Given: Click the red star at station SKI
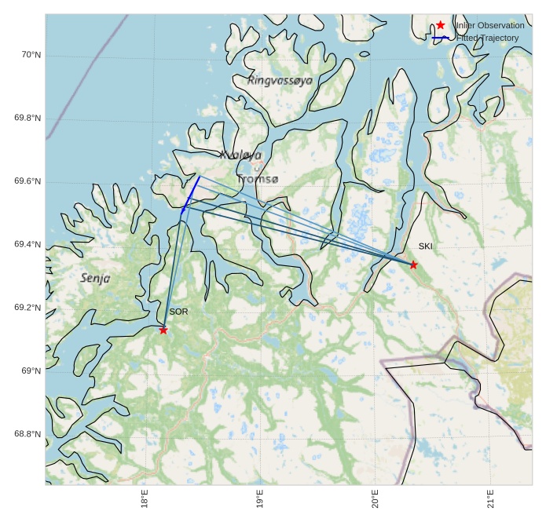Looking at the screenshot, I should click(x=413, y=265).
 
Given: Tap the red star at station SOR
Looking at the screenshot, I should click(x=163, y=330).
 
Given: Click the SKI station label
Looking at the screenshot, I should click(x=425, y=246).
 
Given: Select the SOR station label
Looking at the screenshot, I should click(x=178, y=312).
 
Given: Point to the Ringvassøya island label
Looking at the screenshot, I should click(x=280, y=80).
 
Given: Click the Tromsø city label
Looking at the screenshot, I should click(x=257, y=180).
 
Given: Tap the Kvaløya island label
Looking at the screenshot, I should click(x=241, y=155).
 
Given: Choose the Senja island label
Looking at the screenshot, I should click(x=95, y=278).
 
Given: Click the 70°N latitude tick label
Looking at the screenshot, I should click(x=30, y=55).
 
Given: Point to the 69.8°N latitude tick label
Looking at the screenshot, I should click(x=27, y=119).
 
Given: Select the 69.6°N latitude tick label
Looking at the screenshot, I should click(x=27, y=181).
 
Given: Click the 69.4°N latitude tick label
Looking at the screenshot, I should click(x=27, y=245).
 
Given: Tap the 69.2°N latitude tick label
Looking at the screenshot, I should click(x=27, y=308).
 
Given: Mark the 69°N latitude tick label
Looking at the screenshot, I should click(x=30, y=371).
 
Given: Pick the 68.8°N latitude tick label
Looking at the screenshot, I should click(x=27, y=434).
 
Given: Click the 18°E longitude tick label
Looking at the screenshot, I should click(x=145, y=498).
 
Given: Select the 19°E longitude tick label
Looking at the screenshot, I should click(x=260, y=498).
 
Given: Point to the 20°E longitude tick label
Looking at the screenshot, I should click(x=375, y=498).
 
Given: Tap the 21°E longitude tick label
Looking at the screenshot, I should click(x=490, y=498).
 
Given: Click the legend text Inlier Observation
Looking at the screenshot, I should click(x=489, y=26).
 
